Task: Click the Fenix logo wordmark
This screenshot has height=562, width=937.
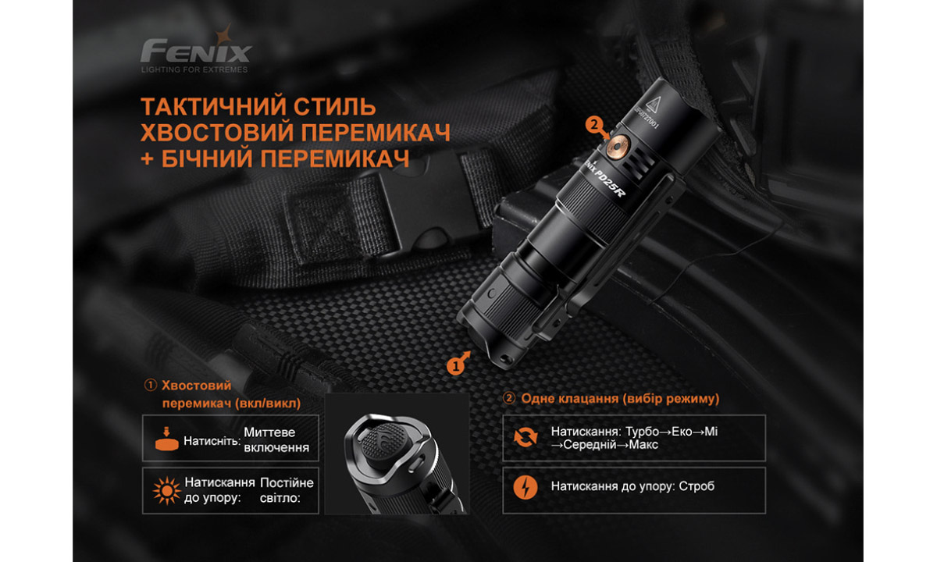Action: click(196, 52)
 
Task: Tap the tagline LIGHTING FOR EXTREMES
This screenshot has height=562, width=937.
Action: click(194, 69)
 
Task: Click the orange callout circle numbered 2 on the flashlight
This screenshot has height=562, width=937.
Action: click(595, 123)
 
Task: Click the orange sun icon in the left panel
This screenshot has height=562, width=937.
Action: click(166, 490)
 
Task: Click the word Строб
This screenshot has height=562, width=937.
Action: click(697, 487)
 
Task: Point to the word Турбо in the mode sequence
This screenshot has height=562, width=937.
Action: click(641, 432)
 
